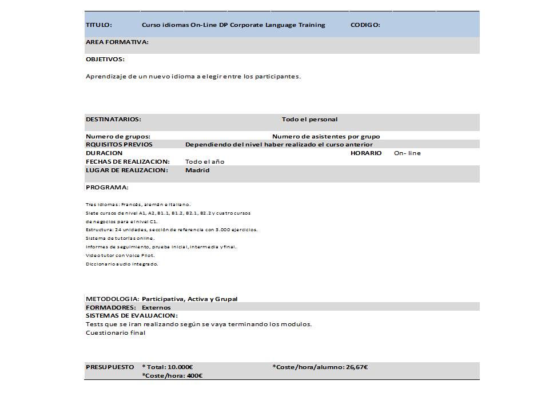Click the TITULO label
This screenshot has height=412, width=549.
point(99,25)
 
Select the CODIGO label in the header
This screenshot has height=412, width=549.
point(365,25)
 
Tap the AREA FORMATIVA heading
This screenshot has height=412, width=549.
point(117,42)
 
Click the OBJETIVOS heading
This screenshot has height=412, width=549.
point(105,59)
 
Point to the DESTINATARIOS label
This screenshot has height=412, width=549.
point(113,120)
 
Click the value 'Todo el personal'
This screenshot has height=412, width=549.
point(309,120)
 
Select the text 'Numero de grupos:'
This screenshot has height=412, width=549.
point(118,136)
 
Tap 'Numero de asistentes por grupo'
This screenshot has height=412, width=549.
point(326,136)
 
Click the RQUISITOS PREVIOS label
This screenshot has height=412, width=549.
point(119,145)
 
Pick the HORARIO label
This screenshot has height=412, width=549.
point(366,153)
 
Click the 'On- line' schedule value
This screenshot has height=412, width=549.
point(407,153)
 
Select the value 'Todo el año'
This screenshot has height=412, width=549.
point(205,162)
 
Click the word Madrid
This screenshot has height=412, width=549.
point(197,170)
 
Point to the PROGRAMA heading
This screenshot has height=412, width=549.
point(107,187)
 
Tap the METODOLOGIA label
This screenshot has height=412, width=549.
point(112,299)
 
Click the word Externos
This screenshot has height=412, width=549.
point(156,307)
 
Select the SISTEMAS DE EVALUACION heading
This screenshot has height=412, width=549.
point(132,315)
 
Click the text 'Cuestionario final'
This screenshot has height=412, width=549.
point(116,333)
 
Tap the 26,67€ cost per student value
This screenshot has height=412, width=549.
point(357,367)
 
